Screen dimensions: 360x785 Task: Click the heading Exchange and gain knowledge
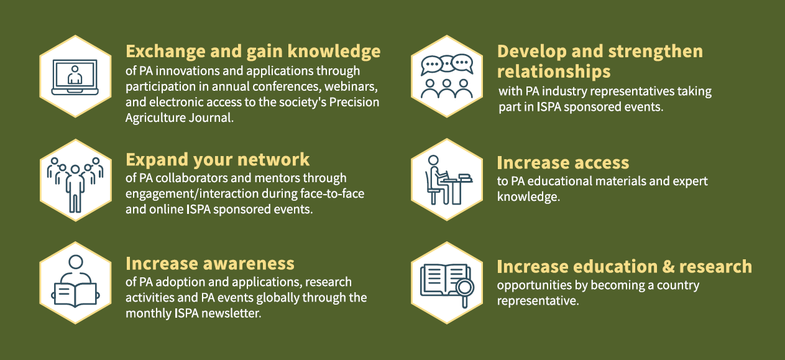253,51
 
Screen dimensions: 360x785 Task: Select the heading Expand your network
218,160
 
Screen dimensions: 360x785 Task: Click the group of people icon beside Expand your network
75,180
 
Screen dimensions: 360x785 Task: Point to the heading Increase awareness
210,264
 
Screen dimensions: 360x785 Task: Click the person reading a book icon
75,283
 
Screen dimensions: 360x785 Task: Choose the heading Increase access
562,163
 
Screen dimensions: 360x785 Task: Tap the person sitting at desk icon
447,180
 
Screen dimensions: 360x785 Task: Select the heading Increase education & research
624,267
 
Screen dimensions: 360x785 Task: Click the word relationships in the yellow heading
553,70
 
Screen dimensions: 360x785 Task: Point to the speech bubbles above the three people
447,65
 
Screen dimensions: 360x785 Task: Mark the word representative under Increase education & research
536,301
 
